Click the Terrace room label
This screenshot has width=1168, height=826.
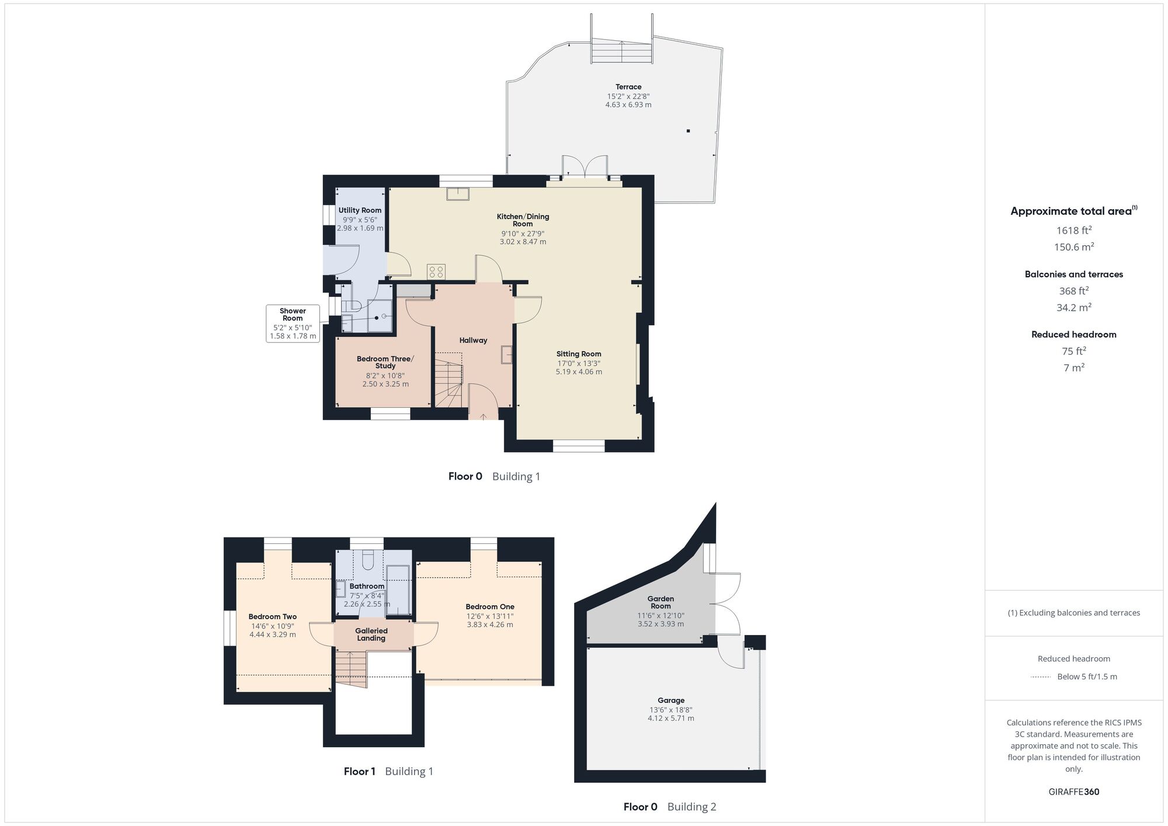click(628, 87)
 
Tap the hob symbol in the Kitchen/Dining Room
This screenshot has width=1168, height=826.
click(436, 271)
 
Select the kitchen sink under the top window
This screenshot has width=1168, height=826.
click(458, 193)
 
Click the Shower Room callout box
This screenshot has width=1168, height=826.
click(293, 323)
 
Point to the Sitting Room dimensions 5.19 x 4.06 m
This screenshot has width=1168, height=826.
click(578, 372)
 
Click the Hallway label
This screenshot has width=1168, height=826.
click(472, 340)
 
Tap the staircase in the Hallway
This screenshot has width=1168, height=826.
click(448, 380)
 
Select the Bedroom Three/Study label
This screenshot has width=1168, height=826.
click(385, 362)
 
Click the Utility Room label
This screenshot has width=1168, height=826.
click(360, 210)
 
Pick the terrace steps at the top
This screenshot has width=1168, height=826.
click(621, 51)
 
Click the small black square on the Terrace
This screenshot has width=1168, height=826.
click(689, 131)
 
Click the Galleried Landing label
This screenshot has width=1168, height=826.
click(371, 634)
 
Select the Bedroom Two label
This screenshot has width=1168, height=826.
click(272, 616)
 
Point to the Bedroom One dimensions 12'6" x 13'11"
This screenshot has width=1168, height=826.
click(489, 616)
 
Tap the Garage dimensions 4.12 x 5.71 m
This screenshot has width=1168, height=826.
click(670, 718)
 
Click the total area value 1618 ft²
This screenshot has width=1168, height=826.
click(1073, 230)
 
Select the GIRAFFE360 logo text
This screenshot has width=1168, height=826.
click(1073, 792)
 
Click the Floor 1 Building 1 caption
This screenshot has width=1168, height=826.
click(388, 771)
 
